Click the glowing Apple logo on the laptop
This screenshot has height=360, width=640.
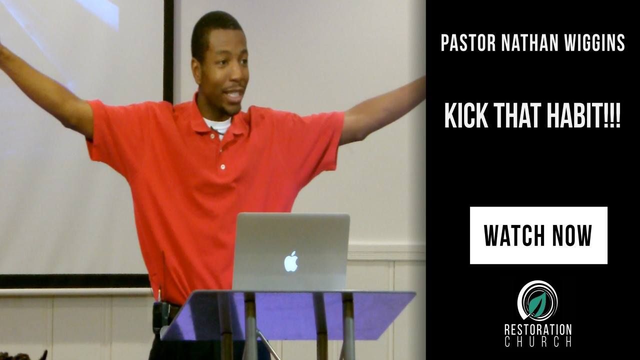click(x=291, y=261)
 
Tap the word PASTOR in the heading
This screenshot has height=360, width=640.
click(x=468, y=43)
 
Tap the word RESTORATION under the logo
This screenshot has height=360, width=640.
click(x=537, y=329)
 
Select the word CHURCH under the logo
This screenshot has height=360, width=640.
click(x=537, y=341)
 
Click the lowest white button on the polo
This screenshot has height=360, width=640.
click(x=223, y=166)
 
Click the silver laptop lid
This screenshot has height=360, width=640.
click(x=291, y=251)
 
